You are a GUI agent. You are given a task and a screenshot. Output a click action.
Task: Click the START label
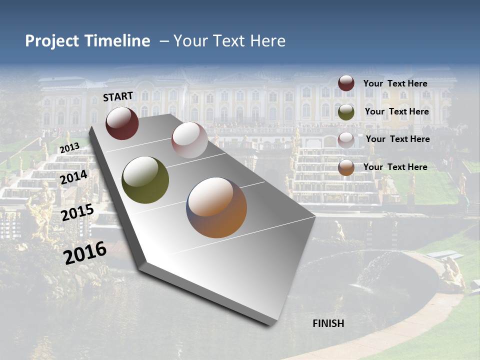[x=118, y=96]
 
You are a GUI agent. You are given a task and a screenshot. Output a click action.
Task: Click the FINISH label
[x=328, y=323]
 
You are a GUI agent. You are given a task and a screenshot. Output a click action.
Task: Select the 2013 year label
[x=69, y=148]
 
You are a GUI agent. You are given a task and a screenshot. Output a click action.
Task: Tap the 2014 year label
[x=74, y=177]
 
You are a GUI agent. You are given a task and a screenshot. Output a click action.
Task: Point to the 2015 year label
[x=77, y=212]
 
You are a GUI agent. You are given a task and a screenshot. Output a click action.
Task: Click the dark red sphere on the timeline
[x=122, y=122]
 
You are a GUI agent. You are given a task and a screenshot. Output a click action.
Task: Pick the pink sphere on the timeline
[x=189, y=140]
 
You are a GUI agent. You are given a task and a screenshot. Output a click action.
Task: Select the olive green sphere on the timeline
[x=145, y=180]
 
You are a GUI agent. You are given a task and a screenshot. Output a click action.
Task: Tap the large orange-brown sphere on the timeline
[x=216, y=207]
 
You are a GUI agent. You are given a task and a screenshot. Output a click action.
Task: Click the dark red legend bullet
[x=346, y=83]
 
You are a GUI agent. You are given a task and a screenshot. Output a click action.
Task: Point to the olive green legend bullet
[x=346, y=112]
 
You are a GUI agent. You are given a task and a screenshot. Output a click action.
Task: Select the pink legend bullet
[x=346, y=139]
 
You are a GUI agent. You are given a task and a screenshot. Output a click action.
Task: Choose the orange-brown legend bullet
[x=346, y=167]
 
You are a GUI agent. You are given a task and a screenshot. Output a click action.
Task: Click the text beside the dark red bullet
[x=395, y=83]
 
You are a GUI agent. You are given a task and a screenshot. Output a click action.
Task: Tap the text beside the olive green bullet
[x=396, y=111]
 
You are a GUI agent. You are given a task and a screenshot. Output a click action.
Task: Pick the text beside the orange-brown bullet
[x=395, y=167]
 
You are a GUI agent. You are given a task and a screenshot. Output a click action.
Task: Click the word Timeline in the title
[x=115, y=41]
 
